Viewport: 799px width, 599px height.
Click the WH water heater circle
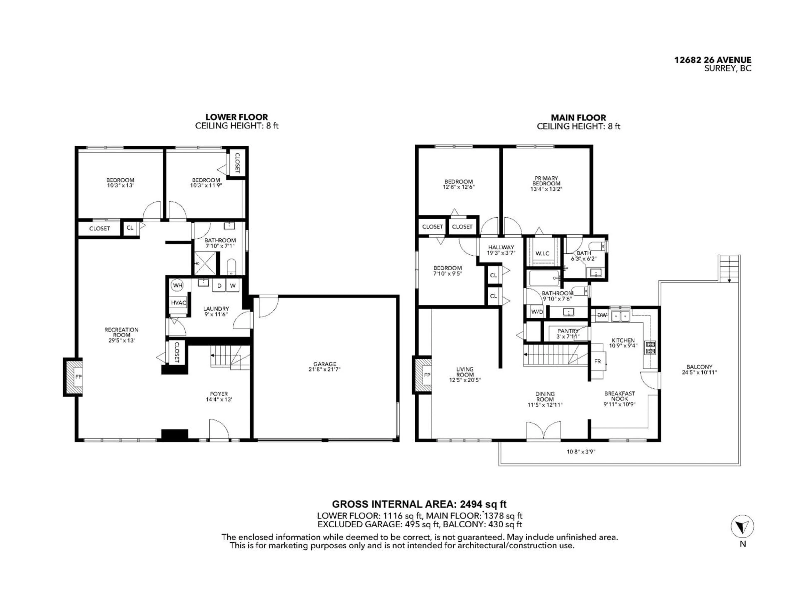point(177,285)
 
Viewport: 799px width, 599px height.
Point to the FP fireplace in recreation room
point(78,377)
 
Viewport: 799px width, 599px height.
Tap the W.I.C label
point(542,254)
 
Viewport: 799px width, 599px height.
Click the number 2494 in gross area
point(471,504)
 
